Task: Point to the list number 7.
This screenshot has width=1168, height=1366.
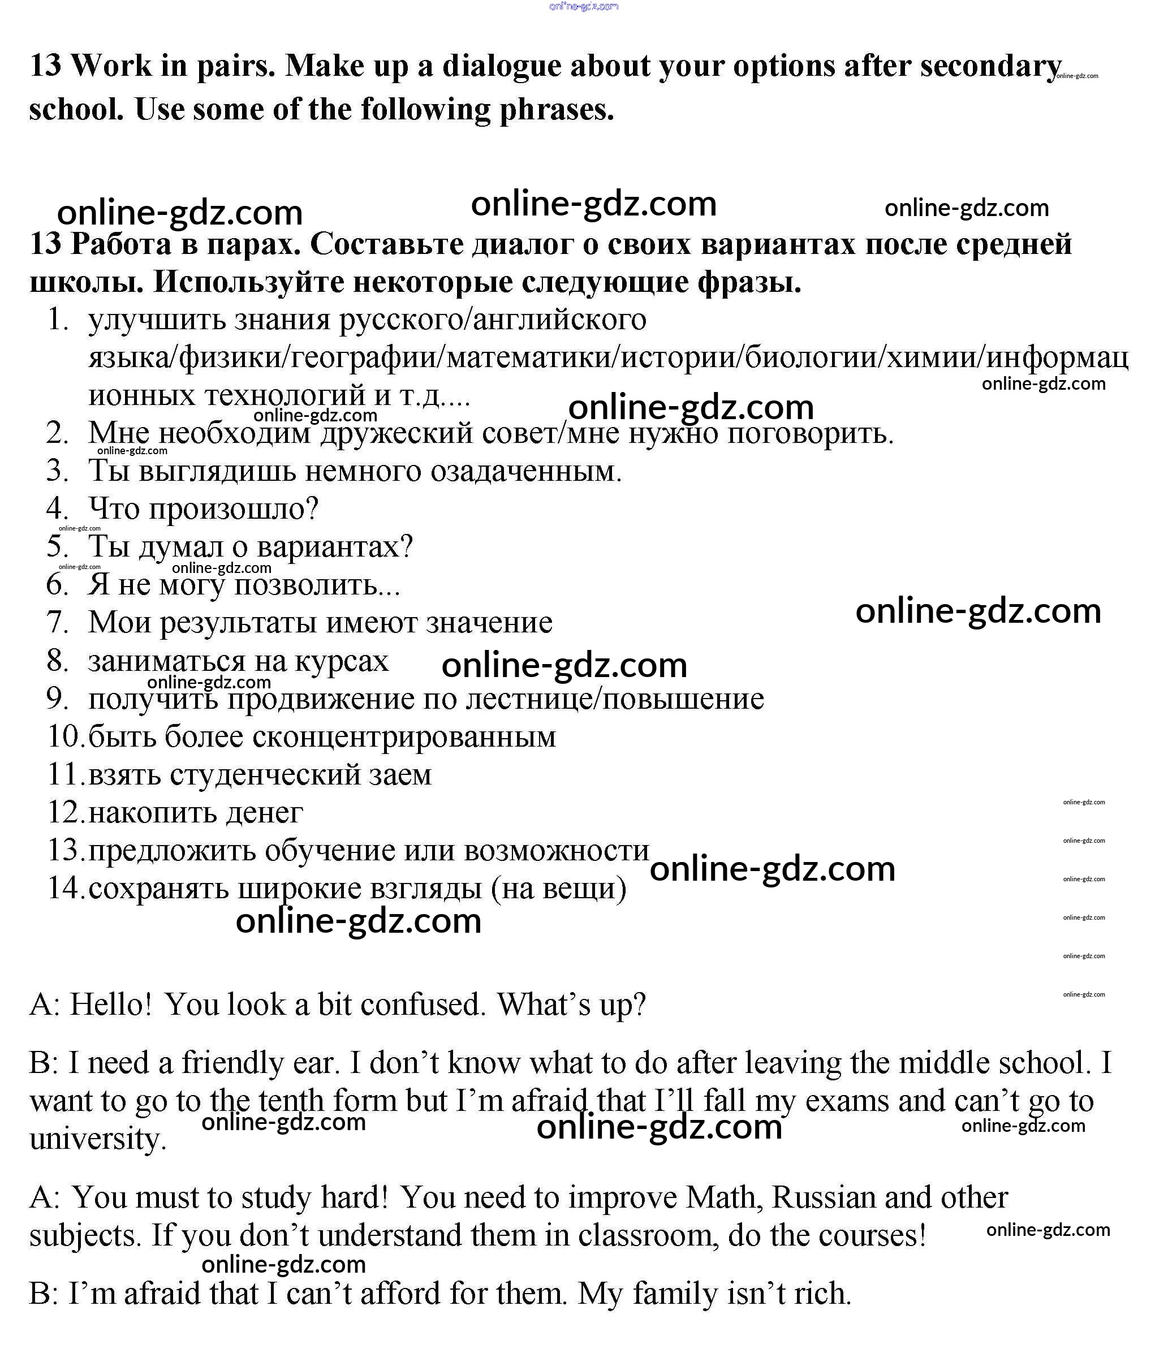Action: [x=57, y=622]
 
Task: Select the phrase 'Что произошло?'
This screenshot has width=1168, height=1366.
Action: [x=203, y=509]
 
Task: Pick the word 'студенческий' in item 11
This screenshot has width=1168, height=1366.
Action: [x=264, y=775]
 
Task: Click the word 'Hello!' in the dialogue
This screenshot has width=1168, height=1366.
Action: [x=111, y=1005]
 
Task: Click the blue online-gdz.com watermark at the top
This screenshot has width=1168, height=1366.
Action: [x=583, y=7]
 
